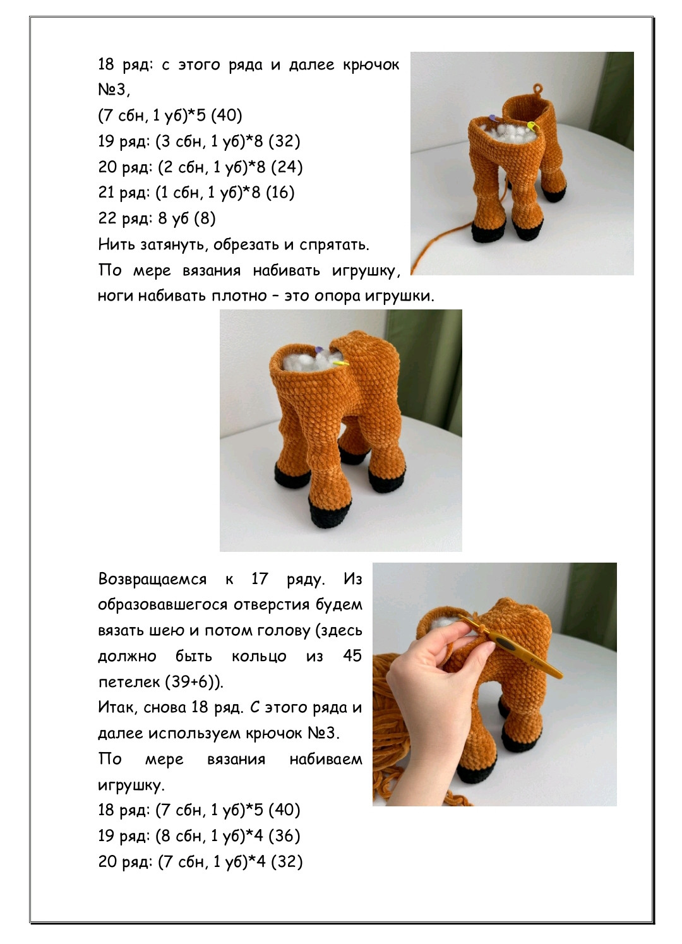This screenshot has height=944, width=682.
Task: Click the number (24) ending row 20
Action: point(287,167)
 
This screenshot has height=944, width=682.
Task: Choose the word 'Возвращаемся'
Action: point(152,580)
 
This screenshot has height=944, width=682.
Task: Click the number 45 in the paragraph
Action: point(352,655)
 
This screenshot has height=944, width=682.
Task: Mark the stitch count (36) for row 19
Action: point(284,836)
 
